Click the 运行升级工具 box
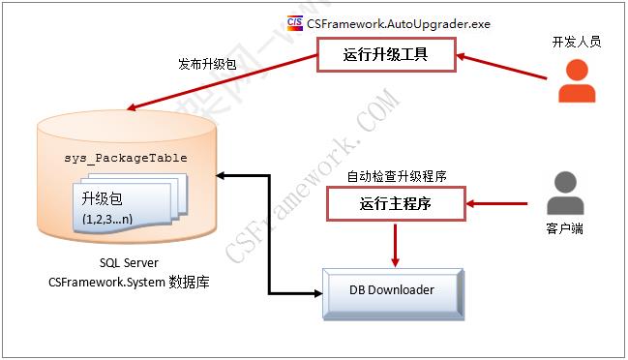(386, 55)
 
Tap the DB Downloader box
(392, 289)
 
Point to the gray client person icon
(565, 195)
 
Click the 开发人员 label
(577, 43)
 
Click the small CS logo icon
(296, 21)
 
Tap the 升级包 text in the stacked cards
(103, 198)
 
